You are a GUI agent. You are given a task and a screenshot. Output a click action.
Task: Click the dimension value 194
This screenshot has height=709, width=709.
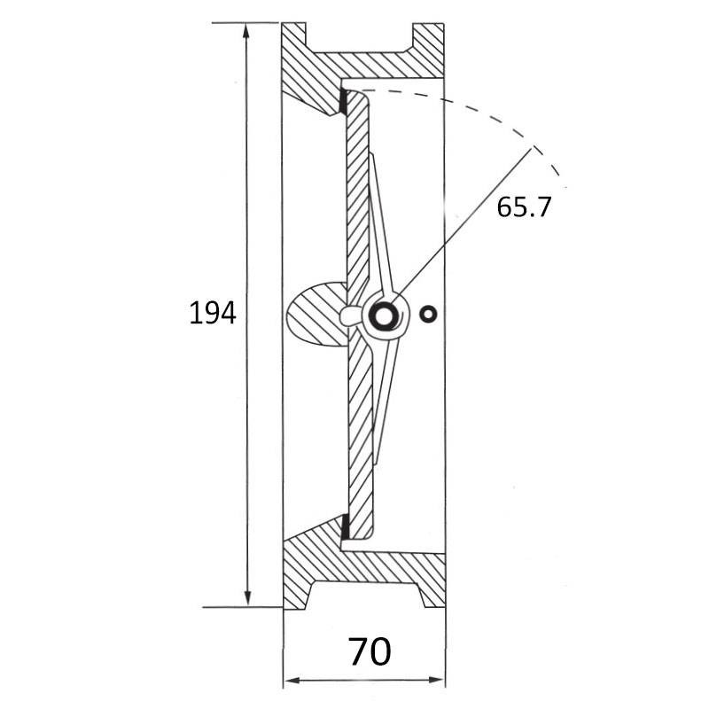click(212, 314)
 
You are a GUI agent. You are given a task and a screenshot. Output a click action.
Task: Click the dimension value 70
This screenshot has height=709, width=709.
click(370, 651)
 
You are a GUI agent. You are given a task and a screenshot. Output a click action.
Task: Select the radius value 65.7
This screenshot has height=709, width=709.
click(524, 207)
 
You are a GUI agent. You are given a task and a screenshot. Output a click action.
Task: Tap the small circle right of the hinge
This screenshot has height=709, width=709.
click(428, 314)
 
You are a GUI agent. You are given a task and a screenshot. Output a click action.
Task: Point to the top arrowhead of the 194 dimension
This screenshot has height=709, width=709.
click(246, 32)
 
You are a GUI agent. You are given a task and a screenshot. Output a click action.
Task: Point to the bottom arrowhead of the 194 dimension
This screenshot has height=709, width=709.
click(247, 596)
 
